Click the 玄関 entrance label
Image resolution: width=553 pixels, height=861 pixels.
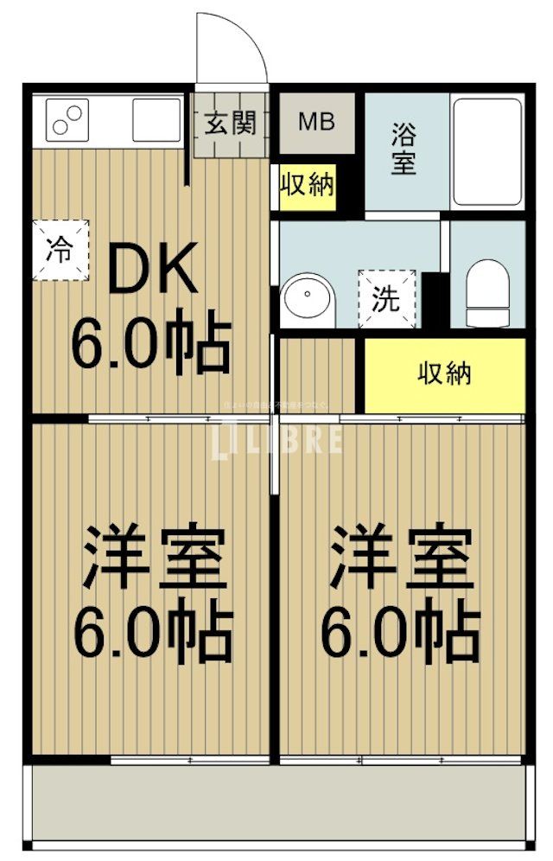(x=231, y=123)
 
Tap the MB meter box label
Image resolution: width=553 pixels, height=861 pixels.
(x=315, y=122)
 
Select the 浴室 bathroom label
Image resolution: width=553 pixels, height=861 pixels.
(x=404, y=148)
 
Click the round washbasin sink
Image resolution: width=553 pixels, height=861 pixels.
(x=307, y=298)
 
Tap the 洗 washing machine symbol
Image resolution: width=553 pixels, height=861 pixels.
(x=386, y=298)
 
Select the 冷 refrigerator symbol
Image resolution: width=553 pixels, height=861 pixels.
(x=60, y=251)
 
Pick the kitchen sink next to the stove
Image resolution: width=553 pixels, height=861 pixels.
(x=156, y=119)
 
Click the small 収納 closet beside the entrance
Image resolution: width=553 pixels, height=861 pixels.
(x=307, y=185)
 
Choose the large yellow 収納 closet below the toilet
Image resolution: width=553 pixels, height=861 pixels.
(x=444, y=374)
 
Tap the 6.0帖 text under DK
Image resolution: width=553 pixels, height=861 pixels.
(x=149, y=343)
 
